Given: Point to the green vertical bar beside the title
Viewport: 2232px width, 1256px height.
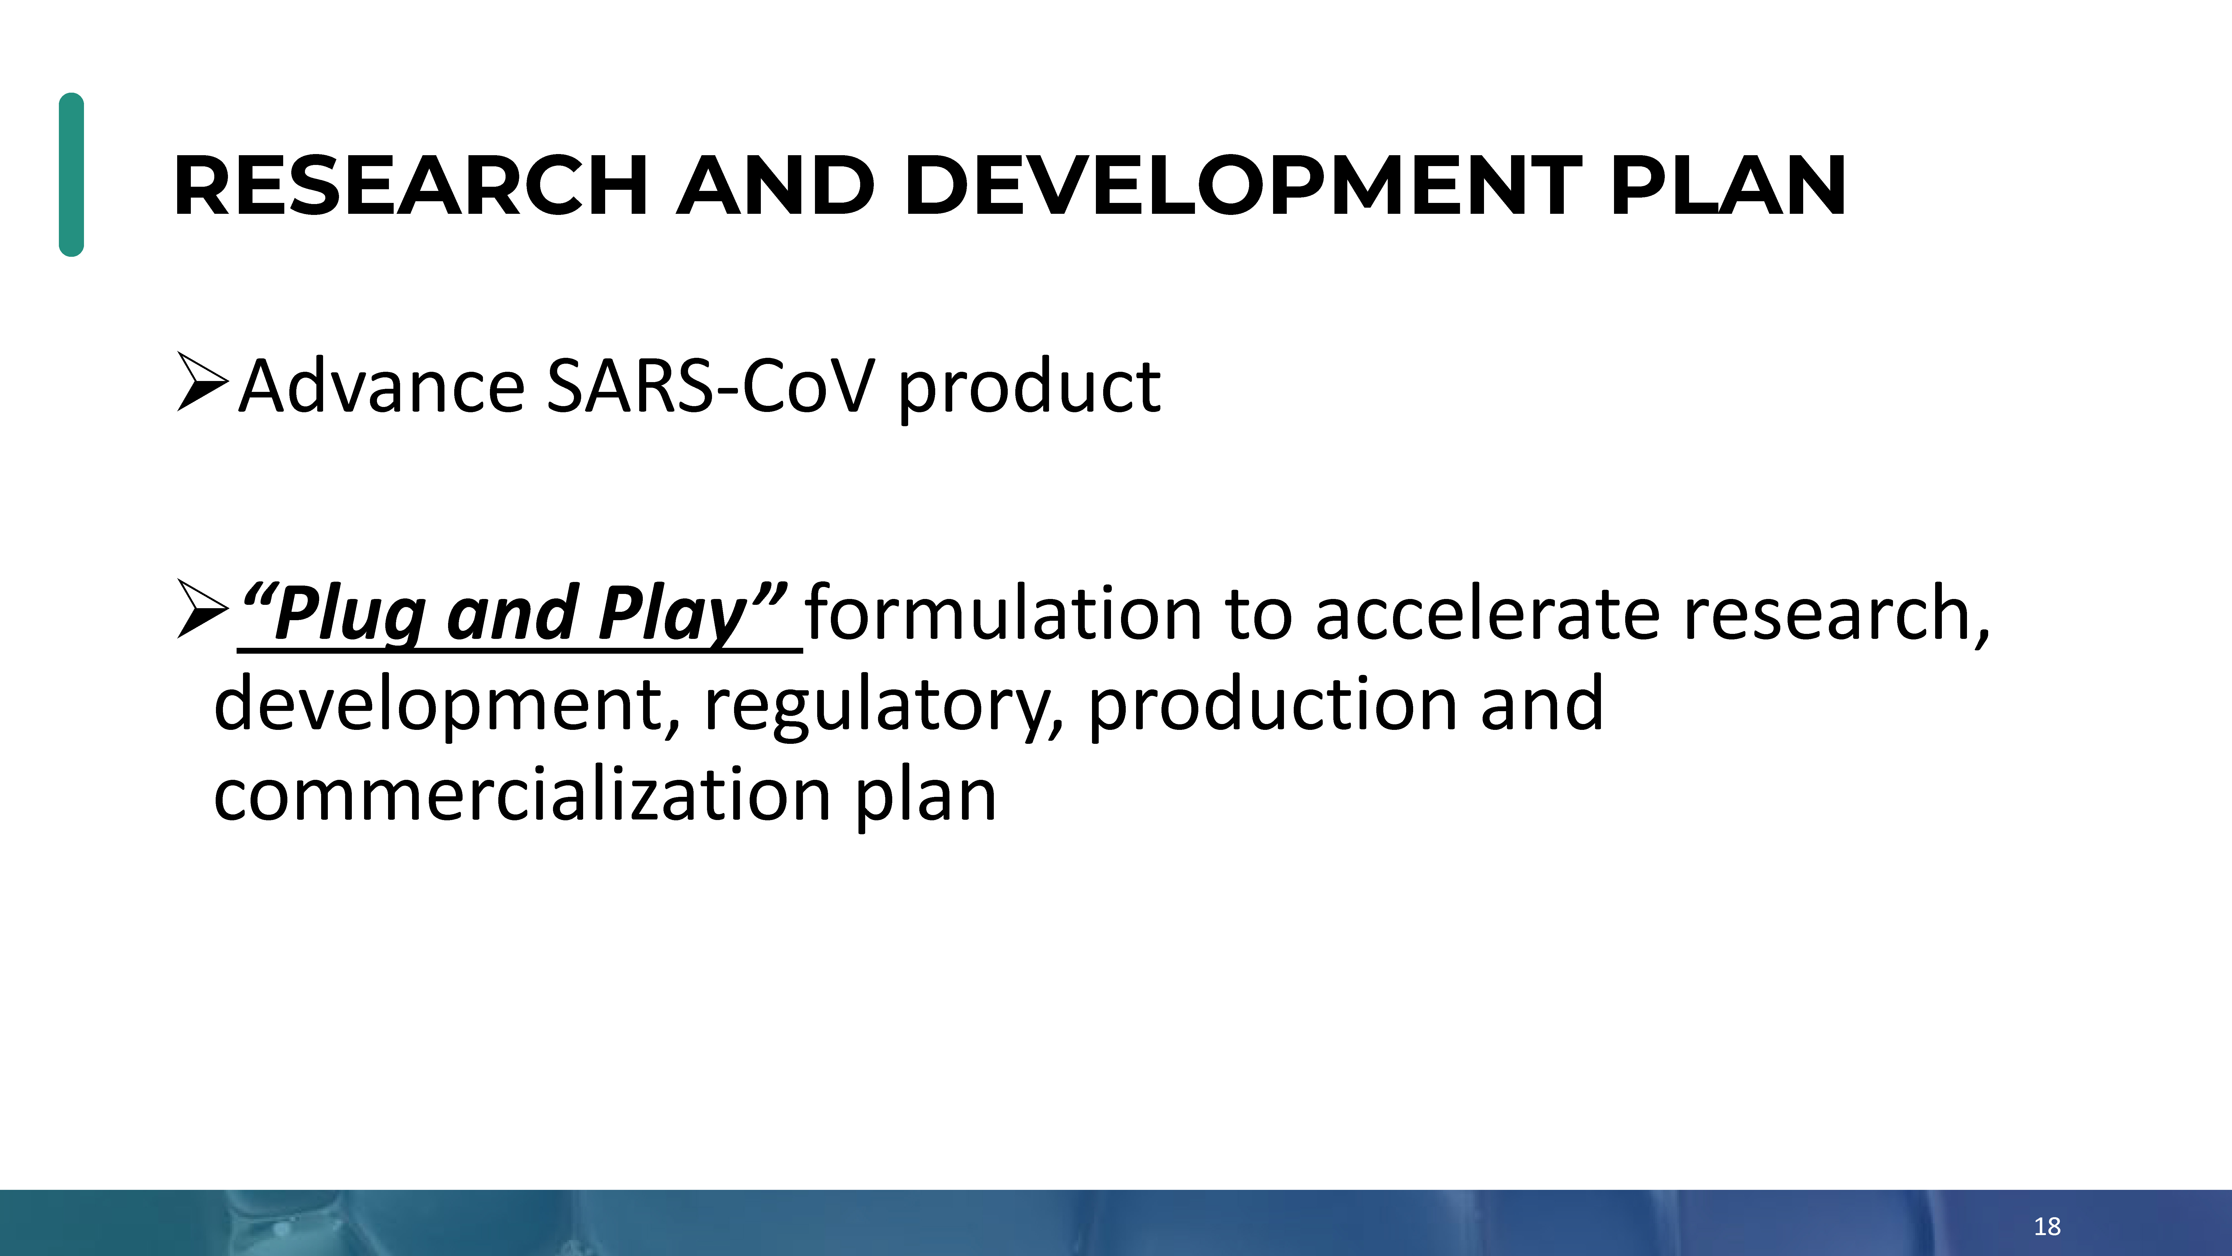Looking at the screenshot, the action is tap(71, 174).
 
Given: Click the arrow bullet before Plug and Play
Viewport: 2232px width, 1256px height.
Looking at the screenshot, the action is tap(202, 608).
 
